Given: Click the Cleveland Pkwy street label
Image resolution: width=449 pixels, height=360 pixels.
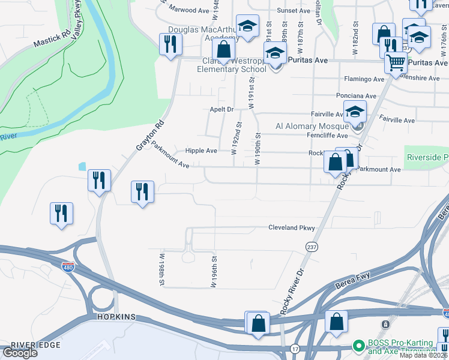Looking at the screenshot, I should [291, 228].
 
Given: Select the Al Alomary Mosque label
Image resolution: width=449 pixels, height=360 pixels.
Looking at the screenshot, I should [312, 126].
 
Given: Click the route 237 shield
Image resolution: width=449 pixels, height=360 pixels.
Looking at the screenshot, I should [312, 247].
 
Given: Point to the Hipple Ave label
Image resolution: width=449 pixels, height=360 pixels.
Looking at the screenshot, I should [201, 151].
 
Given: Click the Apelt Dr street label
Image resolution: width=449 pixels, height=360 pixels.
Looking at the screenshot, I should [221, 109].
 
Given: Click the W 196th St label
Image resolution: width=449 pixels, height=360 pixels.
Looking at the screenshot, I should [213, 271].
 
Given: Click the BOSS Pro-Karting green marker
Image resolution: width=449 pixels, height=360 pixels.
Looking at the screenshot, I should [358, 346].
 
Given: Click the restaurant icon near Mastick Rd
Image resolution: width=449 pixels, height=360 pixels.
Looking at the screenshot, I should [170, 43].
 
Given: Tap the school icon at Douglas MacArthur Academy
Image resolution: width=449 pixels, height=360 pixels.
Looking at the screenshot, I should [246, 26].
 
